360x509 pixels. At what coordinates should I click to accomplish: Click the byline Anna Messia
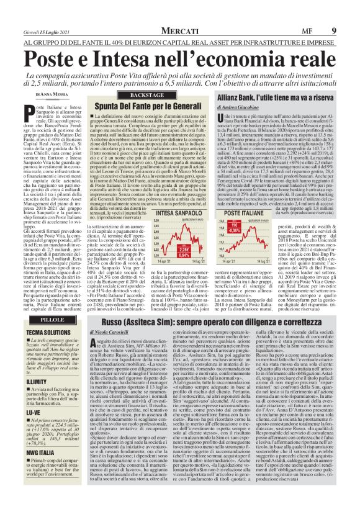pos(48,93)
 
